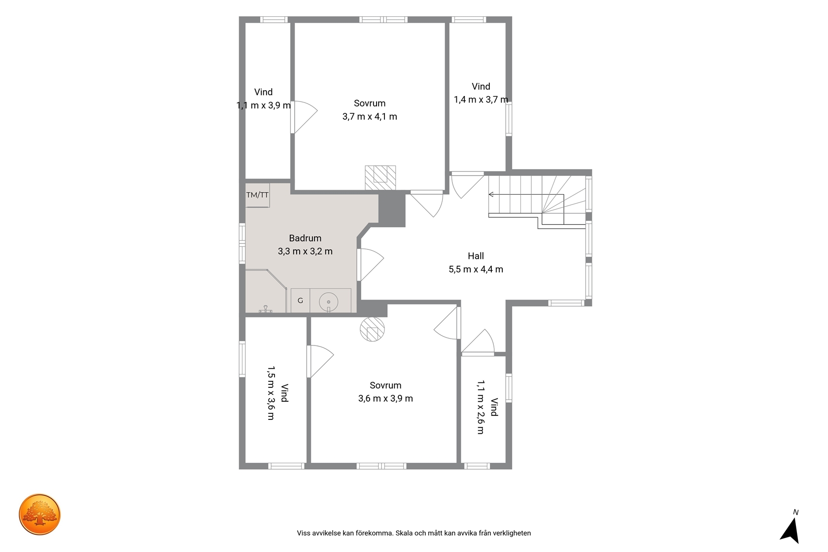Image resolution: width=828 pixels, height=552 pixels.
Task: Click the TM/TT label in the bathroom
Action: pyautogui.click(x=257, y=195)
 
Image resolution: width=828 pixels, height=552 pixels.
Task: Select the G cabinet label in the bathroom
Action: pyautogui.click(x=300, y=301)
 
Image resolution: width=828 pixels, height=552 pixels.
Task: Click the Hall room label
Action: pyautogui.click(x=476, y=256)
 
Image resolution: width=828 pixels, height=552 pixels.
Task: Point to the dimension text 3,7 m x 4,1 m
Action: pyautogui.click(x=370, y=117)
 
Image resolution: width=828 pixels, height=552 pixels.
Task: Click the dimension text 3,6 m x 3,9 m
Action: pyautogui.click(x=385, y=399)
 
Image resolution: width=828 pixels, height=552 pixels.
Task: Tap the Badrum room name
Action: pyautogui.click(x=305, y=238)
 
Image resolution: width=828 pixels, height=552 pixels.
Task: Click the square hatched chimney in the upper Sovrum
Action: pyautogui.click(x=380, y=178)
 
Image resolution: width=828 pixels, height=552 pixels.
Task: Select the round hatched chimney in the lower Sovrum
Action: pyautogui.click(x=372, y=329)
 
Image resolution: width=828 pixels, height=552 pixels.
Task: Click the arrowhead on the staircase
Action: pyautogui.click(x=491, y=195)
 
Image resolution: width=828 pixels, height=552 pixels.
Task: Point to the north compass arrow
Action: pyautogui.click(x=791, y=530)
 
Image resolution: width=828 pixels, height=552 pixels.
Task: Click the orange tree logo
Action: pyautogui.click(x=39, y=514)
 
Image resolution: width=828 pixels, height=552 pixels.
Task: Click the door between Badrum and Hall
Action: pyautogui.click(x=370, y=265)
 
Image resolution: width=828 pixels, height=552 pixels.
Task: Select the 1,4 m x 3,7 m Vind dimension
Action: pyautogui.click(x=481, y=100)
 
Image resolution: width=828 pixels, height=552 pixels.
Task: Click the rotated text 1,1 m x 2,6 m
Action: pyautogui.click(x=480, y=407)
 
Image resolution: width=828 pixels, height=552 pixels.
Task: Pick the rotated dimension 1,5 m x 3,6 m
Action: pyautogui.click(x=271, y=393)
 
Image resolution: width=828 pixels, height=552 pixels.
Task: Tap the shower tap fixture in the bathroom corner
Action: pyautogui.click(x=265, y=310)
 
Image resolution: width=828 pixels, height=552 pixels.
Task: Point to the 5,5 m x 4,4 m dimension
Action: pyautogui.click(x=476, y=270)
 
